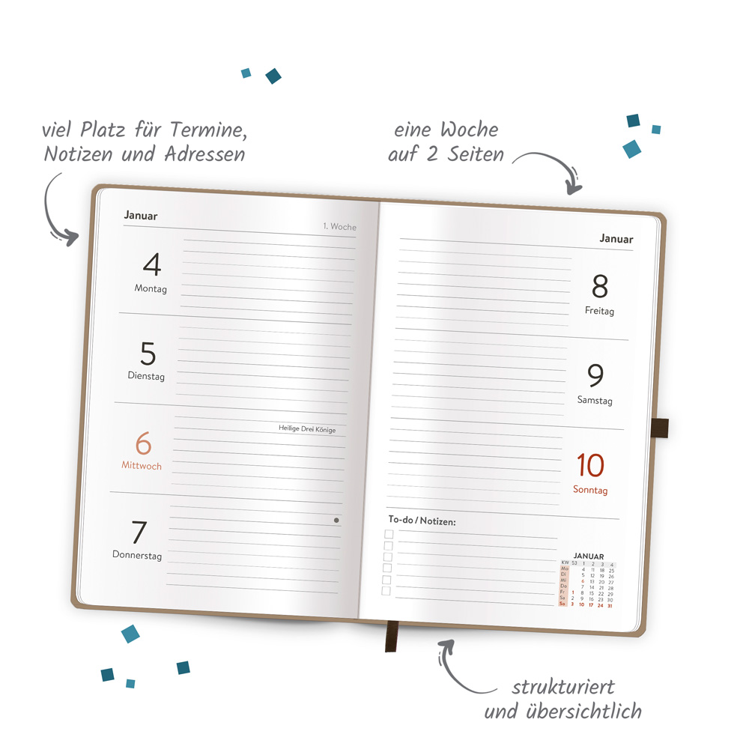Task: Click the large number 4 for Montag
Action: pos(152,265)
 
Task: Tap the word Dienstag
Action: pos(146,377)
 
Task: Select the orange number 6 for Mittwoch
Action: pos(143,443)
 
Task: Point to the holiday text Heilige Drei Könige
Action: pos(307,429)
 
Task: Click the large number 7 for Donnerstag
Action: pos(139,533)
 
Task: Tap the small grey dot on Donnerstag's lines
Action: pos(336,520)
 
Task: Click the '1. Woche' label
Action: pos(339,226)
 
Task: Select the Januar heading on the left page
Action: pos(141,216)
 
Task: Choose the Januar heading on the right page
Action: pos(616,239)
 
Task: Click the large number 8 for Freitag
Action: pos(600,287)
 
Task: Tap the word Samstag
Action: pos(595,401)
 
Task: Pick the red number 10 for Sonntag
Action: pos(590,466)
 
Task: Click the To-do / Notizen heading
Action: pos(422,520)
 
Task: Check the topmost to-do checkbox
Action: pos(388,534)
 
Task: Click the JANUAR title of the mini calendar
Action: pos(588,557)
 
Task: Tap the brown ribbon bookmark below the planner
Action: pos(391,636)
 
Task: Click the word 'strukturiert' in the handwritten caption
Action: pos(562,687)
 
